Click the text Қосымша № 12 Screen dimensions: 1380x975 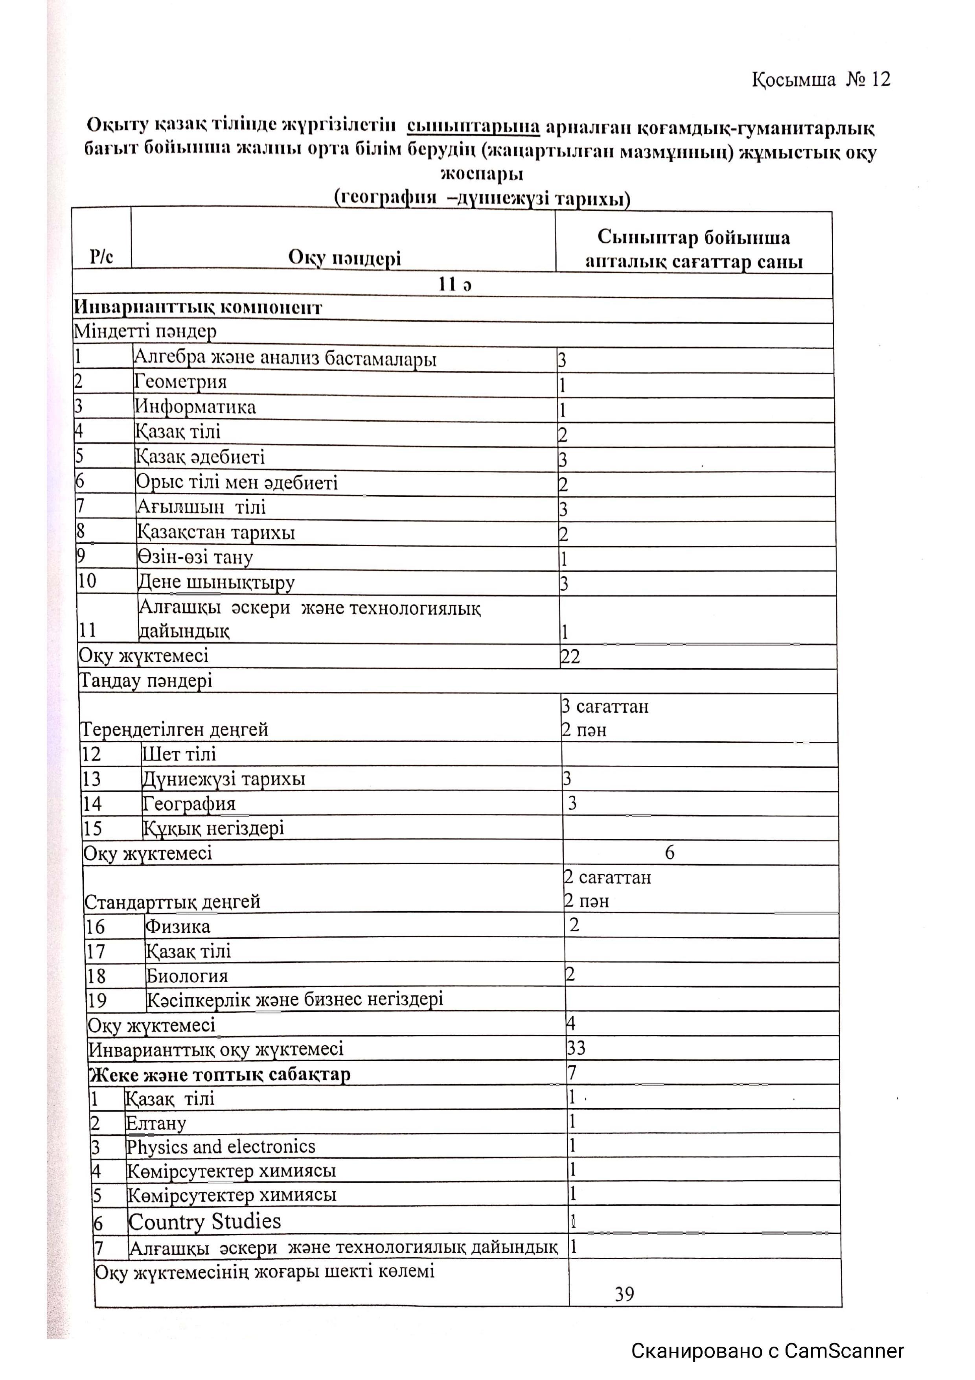pyautogui.click(x=820, y=80)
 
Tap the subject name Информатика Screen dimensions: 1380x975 pyautogui.click(x=195, y=407)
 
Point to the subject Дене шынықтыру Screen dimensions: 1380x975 pyautogui.click(x=216, y=583)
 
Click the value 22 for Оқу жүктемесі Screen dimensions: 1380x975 pyautogui.click(x=570, y=657)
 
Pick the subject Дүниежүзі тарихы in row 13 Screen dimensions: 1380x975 pyautogui.click(x=223, y=779)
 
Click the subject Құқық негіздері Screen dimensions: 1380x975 pyautogui.click(x=213, y=829)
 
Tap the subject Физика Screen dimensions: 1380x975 pyautogui.click(x=178, y=927)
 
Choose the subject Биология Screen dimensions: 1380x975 pyautogui.click(x=187, y=976)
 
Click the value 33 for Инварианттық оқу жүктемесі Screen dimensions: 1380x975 pyautogui.click(x=576, y=1049)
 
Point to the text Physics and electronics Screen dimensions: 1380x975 pyautogui.click(x=221, y=1147)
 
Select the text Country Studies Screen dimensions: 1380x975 pyautogui.click(x=204, y=1222)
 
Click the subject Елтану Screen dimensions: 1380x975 pyautogui.click(x=156, y=1123)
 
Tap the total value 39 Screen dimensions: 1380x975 pyautogui.click(x=624, y=1294)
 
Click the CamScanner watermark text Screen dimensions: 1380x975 pyautogui.click(x=767, y=1351)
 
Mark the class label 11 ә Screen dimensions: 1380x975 pyautogui.click(x=455, y=284)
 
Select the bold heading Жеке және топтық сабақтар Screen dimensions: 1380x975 pyautogui.click(x=219, y=1075)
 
